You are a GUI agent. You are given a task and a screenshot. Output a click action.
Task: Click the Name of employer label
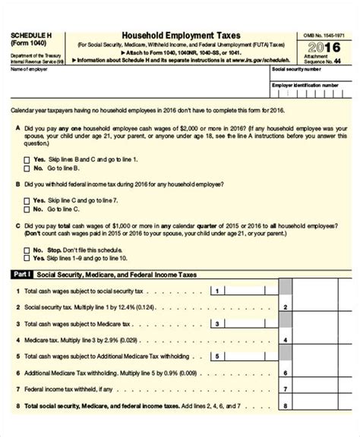(x=29, y=69)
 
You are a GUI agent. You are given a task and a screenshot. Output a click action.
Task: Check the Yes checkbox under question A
(x=28, y=159)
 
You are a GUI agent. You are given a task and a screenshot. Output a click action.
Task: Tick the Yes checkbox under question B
(x=28, y=200)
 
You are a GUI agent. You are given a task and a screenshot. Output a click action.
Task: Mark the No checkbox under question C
(x=28, y=249)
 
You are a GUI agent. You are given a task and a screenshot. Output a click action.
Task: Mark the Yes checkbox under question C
(x=28, y=258)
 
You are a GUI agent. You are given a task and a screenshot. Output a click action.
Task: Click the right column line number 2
(x=284, y=307)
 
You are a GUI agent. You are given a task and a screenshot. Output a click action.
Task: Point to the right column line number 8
(x=284, y=406)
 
